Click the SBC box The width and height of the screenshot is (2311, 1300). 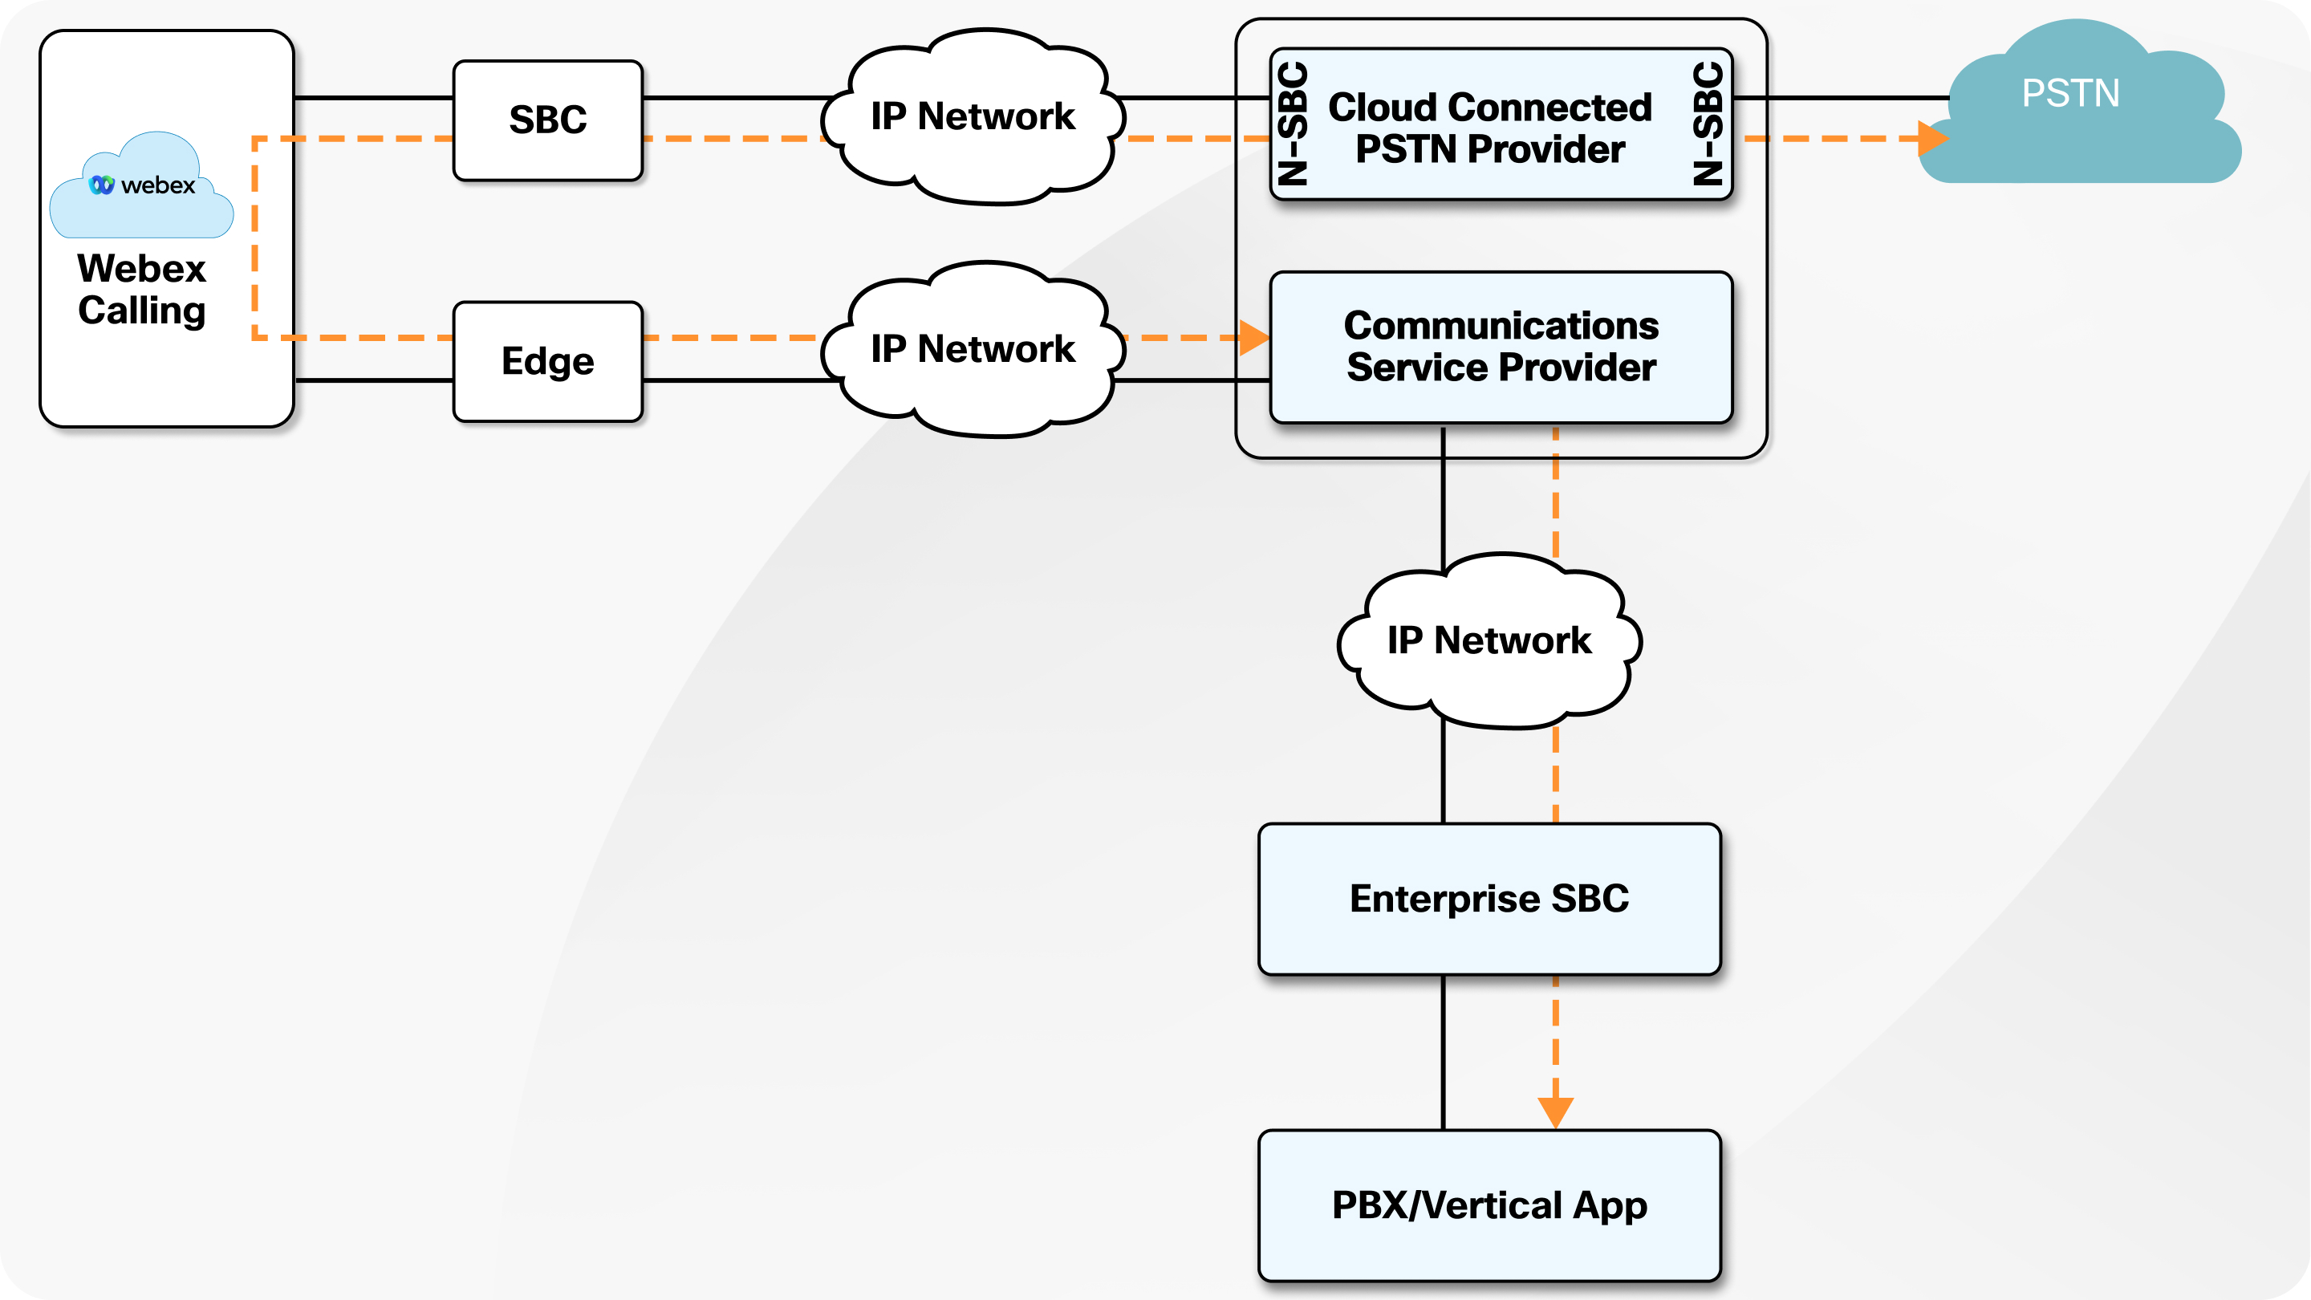point(547,120)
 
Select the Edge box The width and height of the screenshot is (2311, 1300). point(547,362)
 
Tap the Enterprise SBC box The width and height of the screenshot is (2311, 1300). point(1489,899)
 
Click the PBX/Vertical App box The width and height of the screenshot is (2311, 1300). point(1489,1205)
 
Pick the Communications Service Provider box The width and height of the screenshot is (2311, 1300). point(1501,347)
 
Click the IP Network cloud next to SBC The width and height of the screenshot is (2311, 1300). point(973,116)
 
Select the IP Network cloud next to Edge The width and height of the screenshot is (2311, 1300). point(973,349)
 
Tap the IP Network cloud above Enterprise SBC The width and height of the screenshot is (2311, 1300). point(1489,640)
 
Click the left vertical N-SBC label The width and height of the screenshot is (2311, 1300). point(1293,124)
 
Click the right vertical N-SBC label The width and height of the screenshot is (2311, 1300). point(1709,124)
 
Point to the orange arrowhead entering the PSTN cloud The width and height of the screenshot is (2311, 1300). point(1932,138)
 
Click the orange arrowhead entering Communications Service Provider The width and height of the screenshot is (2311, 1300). point(1253,337)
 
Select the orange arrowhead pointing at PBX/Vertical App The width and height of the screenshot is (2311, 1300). point(1556,1111)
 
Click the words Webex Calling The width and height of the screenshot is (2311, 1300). point(142,290)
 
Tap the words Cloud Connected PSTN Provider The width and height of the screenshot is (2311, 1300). point(1489,128)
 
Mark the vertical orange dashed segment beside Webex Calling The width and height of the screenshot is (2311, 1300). point(255,238)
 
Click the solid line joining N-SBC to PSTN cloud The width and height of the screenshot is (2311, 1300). point(1839,97)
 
